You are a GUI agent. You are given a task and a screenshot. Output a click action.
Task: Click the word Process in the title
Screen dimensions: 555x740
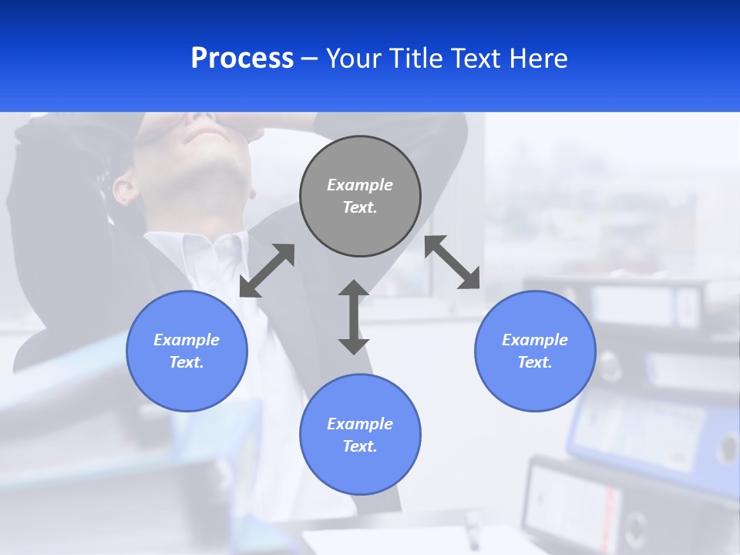(242, 59)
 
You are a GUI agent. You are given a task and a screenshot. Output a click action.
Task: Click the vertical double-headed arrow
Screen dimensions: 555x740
(354, 317)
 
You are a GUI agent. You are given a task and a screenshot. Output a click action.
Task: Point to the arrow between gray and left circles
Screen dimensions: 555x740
(267, 271)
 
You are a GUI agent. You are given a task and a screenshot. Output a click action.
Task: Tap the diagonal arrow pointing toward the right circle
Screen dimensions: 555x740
(452, 262)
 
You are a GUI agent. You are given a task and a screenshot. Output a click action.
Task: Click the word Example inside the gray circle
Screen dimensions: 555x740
(360, 185)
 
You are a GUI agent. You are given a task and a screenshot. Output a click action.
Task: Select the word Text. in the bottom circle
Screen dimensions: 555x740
(360, 446)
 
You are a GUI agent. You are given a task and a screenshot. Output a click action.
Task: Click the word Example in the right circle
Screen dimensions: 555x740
(535, 340)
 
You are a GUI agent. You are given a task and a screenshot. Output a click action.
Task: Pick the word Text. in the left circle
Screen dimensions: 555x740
(187, 362)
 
